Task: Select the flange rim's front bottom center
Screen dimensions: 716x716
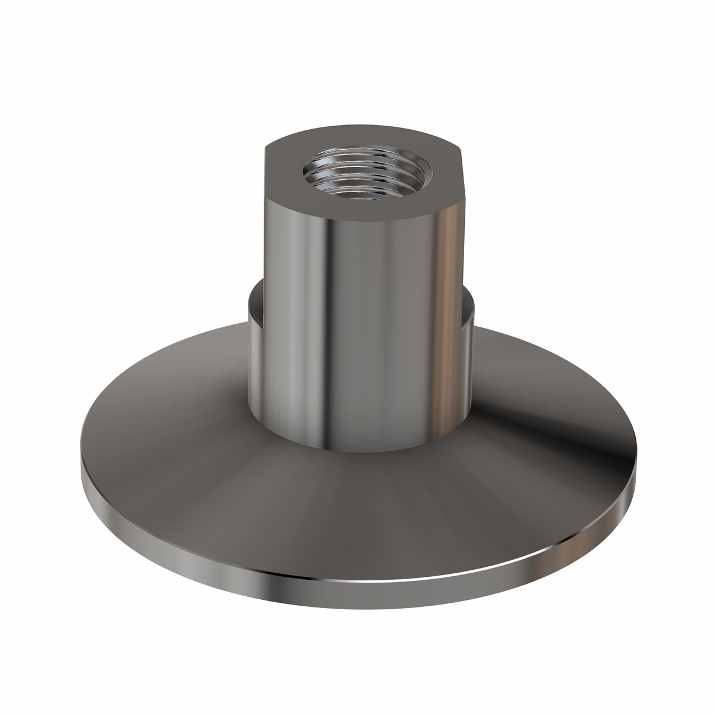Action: pyautogui.click(x=354, y=593)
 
